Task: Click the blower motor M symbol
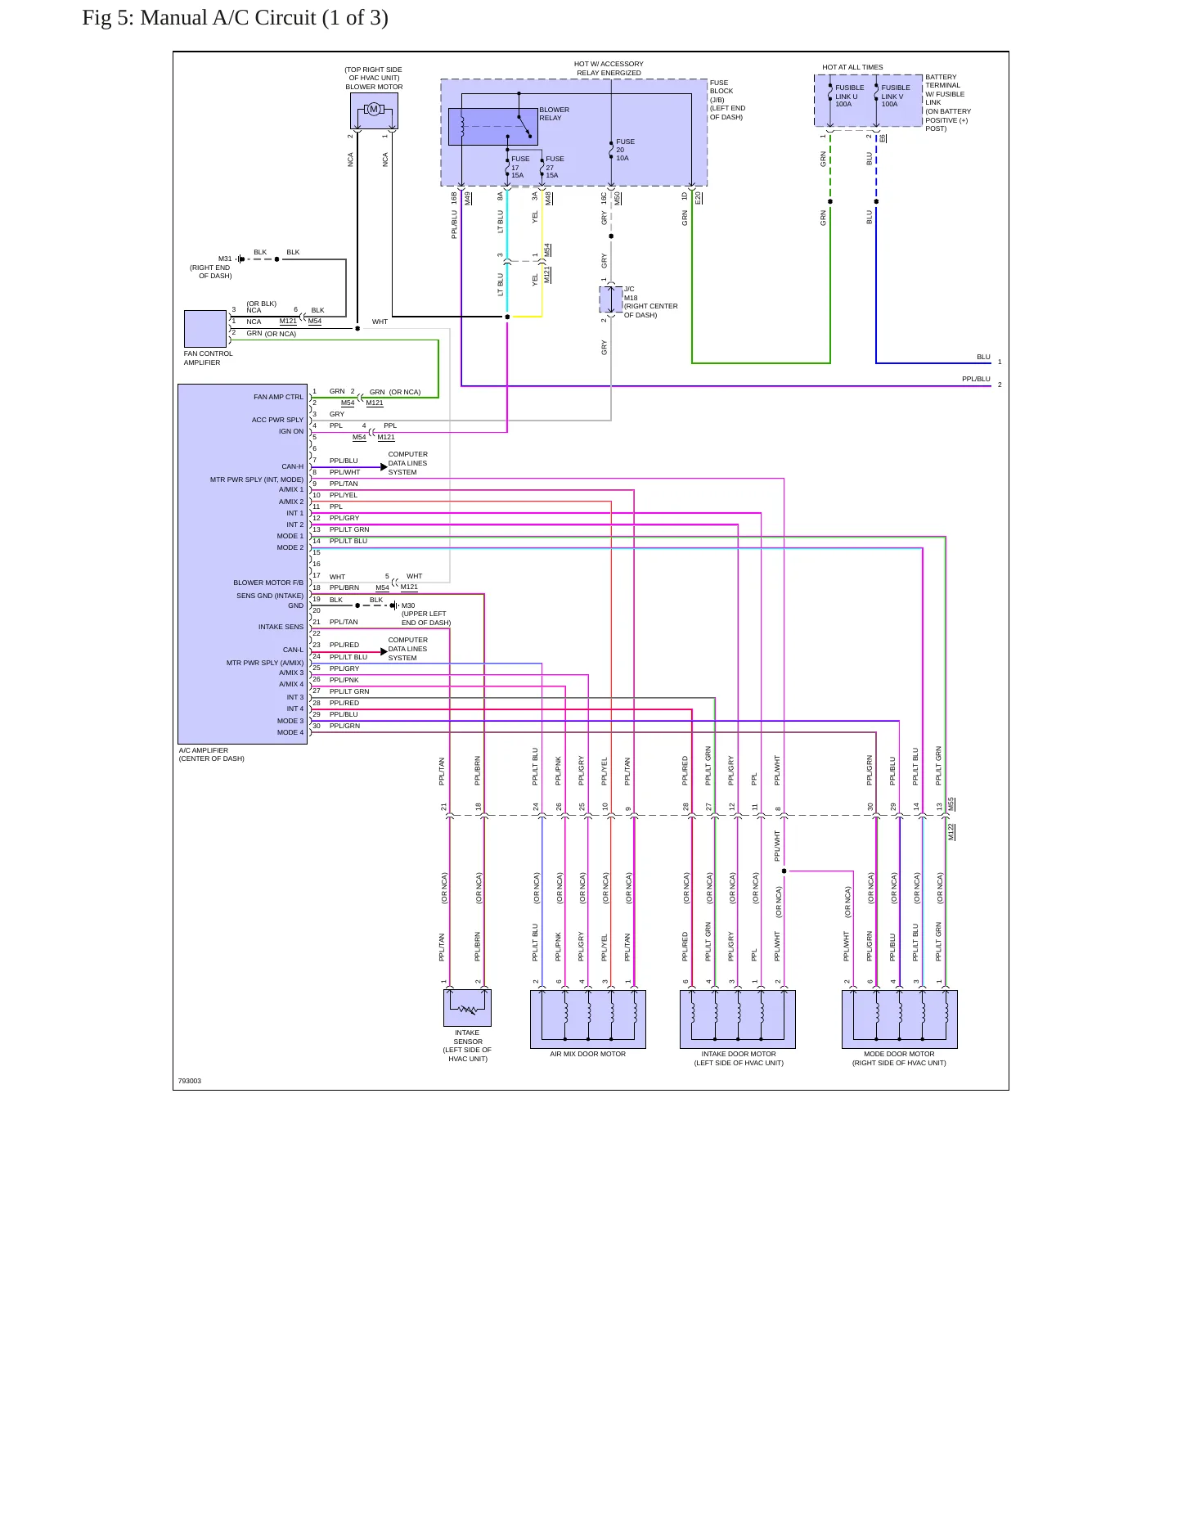(x=374, y=110)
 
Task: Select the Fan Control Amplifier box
(x=205, y=329)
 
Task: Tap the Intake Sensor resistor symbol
(x=467, y=1010)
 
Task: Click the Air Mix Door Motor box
(x=588, y=1019)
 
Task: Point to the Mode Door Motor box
(x=900, y=1019)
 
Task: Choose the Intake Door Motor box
(x=738, y=1019)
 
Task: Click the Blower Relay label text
(x=554, y=114)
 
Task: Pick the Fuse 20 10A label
(x=625, y=150)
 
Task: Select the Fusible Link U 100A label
(x=849, y=96)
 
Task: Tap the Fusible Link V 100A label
(x=895, y=96)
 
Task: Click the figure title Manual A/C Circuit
(x=235, y=18)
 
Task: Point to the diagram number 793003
(x=190, y=1081)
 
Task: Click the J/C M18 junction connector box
(x=611, y=299)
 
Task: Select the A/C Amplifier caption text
(x=212, y=754)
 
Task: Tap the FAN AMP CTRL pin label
(x=278, y=397)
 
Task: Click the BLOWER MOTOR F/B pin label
(x=268, y=583)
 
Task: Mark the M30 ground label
(x=408, y=606)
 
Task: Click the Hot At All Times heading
(x=852, y=67)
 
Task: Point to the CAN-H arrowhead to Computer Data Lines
(x=384, y=467)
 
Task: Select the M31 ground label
(x=225, y=259)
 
